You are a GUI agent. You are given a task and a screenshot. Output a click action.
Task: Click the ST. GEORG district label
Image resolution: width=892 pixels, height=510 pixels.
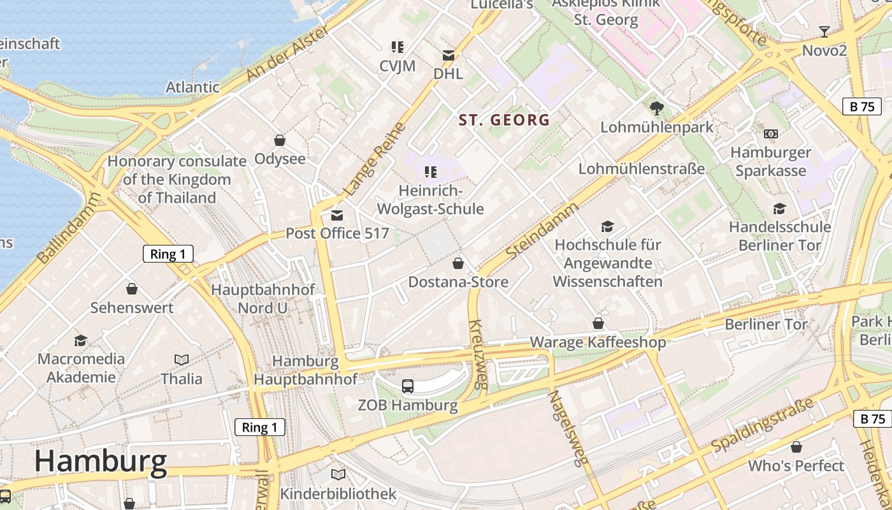pyautogui.click(x=504, y=120)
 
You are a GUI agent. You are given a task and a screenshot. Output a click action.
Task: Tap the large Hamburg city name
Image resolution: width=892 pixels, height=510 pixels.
pyautogui.click(x=101, y=460)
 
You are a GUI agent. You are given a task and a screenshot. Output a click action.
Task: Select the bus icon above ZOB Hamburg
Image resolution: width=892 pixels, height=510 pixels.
pyautogui.click(x=408, y=386)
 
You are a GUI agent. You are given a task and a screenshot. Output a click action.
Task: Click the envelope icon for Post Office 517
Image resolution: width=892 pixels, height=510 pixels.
pyautogui.click(x=337, y=215)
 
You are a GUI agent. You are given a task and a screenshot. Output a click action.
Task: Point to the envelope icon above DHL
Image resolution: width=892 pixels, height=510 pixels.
pyautogui.click(x=449, y=55)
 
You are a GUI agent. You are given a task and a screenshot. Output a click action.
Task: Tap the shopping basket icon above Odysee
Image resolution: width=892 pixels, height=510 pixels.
pyautogui.click(x=279, y=140)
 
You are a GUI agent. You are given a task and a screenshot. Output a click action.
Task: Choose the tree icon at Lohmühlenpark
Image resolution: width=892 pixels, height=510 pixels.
pyautogui.click(x=657, y=108)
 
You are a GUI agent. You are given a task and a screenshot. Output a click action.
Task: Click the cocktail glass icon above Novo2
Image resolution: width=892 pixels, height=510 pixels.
pyautogui.click(x=824, y=31)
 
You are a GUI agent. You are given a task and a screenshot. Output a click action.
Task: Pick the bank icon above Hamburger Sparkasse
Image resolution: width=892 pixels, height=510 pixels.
pyautogui.click(x=771, y=134)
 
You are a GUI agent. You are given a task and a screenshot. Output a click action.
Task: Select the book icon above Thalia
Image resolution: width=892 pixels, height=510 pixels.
pyautogui.click(x=182, y=360)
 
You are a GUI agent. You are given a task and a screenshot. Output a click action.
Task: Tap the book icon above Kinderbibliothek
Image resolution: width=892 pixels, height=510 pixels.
pyautogui.click(x=338, y=475)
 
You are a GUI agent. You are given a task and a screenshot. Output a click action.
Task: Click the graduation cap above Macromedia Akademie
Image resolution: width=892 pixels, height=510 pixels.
pyautogui.click(x=80, y=340)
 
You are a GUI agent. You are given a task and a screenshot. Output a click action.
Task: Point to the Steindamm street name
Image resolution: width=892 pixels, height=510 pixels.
pyautogui.click(x=542, y=231)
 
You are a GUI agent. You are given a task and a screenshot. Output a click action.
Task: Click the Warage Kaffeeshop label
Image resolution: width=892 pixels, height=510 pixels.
pyautogui.click(x=598, y=342)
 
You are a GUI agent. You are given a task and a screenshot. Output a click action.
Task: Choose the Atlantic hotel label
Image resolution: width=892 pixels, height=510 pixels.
pyautogui.click(x=192, y=87)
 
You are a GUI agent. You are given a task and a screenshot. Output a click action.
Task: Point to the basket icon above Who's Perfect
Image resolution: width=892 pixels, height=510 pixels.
pyautogui.click(x=796, y=447)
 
